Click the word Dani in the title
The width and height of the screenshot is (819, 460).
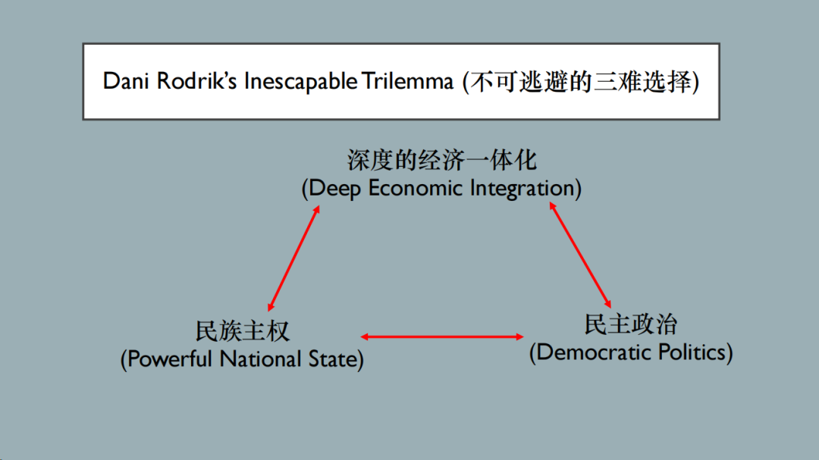pyautogui.click(x=127, y=82)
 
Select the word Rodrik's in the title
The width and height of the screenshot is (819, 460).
pyautogui.click(x=196, y=82)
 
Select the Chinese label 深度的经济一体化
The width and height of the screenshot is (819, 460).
pyautogui.click(x=441, y=161)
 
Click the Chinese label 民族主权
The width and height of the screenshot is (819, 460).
pyautogui.click(x=243, y=331)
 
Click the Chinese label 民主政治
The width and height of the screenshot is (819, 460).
pyautogui.click(x=631, y=324)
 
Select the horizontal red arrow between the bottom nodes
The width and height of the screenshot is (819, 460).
pyautogui.click(x=442, y=336)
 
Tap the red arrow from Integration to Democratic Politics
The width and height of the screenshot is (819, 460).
pyautogui.click(x=580, y=254)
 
